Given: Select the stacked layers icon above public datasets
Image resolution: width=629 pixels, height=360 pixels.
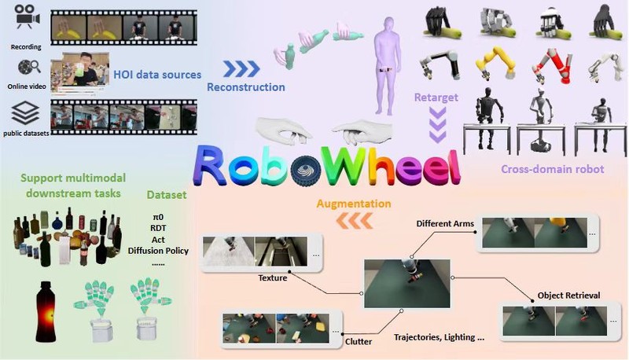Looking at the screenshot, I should coord(25,113).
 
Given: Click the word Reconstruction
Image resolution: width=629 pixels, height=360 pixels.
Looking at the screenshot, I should coord(245,87).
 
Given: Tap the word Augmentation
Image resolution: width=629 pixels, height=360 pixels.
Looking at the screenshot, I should coord(353,204).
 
